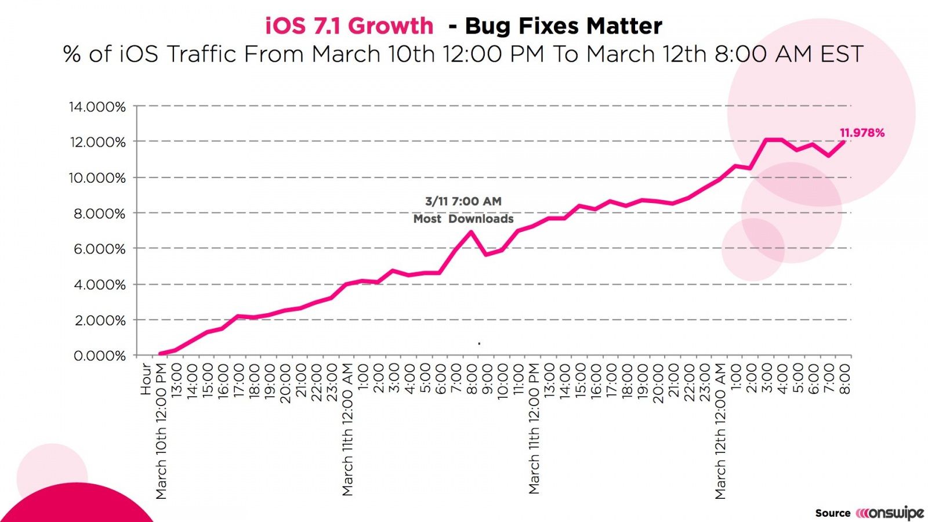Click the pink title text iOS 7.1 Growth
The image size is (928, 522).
coord(349,26)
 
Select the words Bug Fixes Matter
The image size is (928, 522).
coord(563,26)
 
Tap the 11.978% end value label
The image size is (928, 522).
coord(862,133)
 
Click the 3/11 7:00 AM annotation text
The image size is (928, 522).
coord(463,201)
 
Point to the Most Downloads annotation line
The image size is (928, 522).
coord(463,219)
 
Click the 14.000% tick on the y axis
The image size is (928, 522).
coord(97,107)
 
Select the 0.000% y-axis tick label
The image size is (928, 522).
coord(99,356)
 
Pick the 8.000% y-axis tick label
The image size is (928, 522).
coord(99,213)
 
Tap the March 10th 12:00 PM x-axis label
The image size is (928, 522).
coord(161,430)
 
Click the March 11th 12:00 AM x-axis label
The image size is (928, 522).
coord(347,429)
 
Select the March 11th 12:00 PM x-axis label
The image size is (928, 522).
coord(534,428)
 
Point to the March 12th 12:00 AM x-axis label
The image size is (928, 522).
coord(720,430)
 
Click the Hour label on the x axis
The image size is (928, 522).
coord(146,379)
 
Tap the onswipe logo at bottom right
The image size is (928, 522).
coord(890,513)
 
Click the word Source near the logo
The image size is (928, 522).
coord(832,513)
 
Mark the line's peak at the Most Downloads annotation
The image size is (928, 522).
coord(470,232)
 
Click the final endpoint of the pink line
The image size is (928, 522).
coord(844,141)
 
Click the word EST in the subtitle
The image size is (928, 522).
coord(842,54)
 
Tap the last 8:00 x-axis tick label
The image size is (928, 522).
coord(845,379)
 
